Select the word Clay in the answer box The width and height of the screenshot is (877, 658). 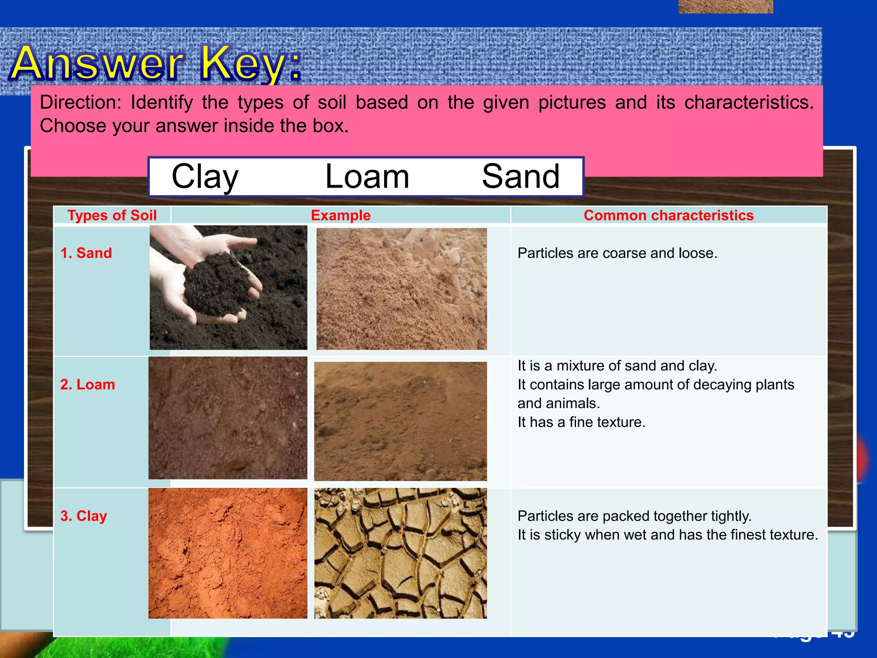pos(205,176)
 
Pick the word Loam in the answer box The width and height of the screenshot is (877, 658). pos(367,176)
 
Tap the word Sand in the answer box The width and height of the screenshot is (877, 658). pos(520,176)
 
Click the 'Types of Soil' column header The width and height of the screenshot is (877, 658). pos(112,215)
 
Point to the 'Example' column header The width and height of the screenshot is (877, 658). pos(340,215)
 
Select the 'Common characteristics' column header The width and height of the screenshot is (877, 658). pos(668,215)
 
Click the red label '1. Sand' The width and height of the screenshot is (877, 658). pos(86,253)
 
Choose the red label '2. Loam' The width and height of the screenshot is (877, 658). pos(87,384)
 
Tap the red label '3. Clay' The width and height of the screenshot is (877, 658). pos(84,516)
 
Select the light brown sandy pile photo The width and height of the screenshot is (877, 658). pos(401,289)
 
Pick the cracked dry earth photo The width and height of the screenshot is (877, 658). pos(400,553)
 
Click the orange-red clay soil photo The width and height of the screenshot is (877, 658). pos(228,553)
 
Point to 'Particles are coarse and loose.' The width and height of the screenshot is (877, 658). pos(617,253)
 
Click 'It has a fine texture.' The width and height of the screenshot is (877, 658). pos(581,422)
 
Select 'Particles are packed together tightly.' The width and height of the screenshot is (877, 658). pos(634,516)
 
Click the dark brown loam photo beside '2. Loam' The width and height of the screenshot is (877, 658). pos(228,418)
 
